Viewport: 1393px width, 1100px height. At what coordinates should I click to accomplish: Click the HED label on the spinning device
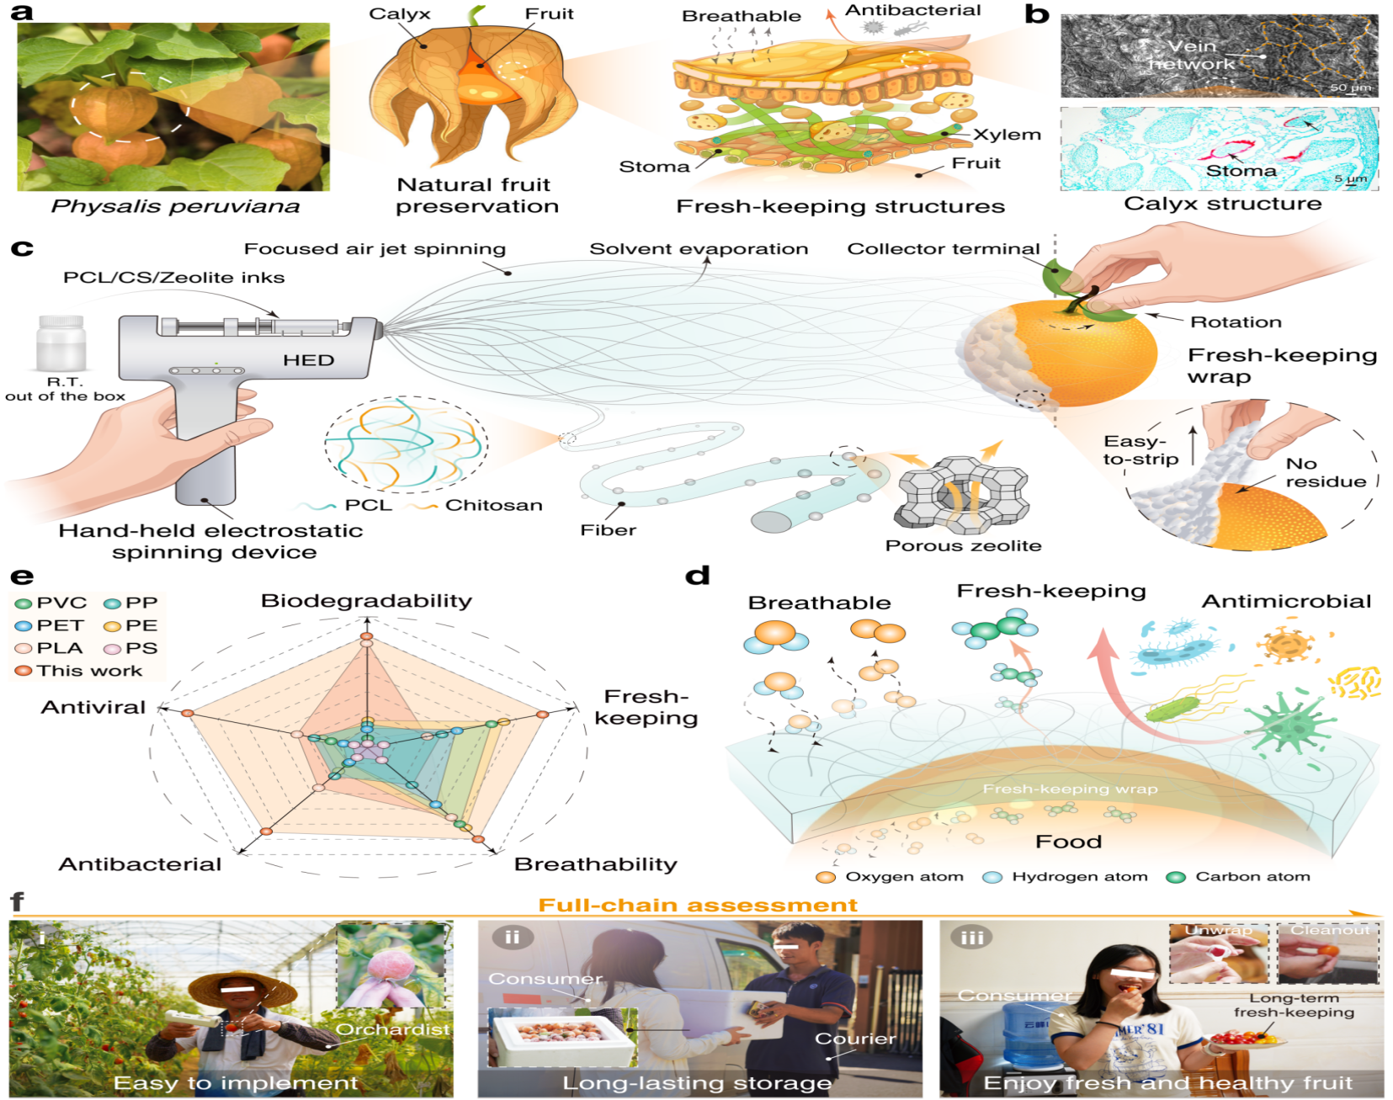coord(308,360)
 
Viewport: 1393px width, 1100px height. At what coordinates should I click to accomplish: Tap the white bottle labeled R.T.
coord(61,343)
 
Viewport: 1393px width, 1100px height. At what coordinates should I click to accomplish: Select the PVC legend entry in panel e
coord(51,603)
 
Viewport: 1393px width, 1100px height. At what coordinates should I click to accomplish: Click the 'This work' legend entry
coord(78,671)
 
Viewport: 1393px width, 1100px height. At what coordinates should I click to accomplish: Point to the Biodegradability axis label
coord(366,601)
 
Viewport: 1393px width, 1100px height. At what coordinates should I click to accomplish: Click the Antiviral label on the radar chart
coord(93,707)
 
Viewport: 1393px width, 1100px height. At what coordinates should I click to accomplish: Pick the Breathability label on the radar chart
coord(595,864)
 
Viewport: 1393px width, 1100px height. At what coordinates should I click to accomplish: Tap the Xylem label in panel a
coord(1008,135)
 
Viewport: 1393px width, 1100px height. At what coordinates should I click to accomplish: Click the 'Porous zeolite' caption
coord(963,545)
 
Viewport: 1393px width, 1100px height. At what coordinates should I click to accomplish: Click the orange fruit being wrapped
coord(1086,353)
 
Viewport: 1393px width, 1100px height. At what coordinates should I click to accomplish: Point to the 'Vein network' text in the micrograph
coord(1192,55)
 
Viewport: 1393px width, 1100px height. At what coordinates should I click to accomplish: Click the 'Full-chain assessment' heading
coord(698,905)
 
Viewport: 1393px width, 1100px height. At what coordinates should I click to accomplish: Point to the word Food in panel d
coord(1068,842)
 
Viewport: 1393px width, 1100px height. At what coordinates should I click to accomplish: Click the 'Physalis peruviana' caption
coord(175,207)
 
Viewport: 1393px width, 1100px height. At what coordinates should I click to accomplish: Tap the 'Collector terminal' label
coord(944,249)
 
